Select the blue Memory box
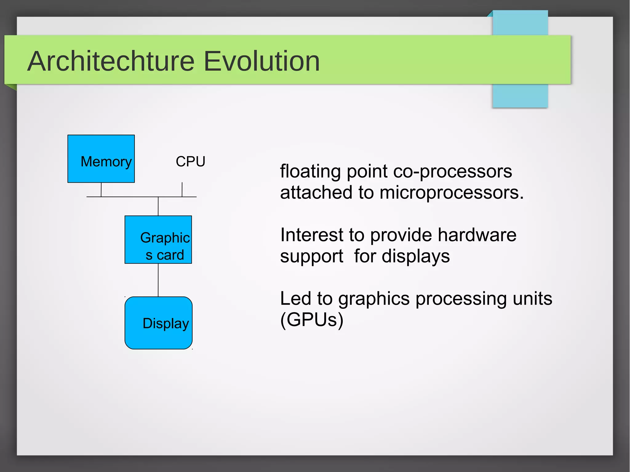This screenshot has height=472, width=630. pyautogui.click(x=101, y=159)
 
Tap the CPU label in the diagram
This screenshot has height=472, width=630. pyautogui.click(x=190, y=161)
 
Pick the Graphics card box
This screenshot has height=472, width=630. pyautogui.click(x=158, y=240)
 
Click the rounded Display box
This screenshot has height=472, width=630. pyautogui.click(x=158, y=323)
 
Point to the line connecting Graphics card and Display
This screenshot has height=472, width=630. pyautogui.click(x=158, y=280)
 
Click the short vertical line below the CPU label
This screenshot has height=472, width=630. pyautogui.click(x=182, y=189)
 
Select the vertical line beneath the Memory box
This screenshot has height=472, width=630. pyautogui.click(x=101, y=189)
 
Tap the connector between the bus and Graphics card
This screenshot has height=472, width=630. pyautogui.click(x=158, y=206)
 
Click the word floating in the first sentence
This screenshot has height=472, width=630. pyautogui.click(x=310, y=171)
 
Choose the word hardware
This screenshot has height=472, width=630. pyautogui.click(x=477, y=235)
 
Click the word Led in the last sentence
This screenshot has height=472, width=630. pyautogui.click(x=295, y=299)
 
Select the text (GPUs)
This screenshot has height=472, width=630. pyautogui.click(x=312, y=320)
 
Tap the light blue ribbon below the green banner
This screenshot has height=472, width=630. pyautogui.click(x=520, y=96)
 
